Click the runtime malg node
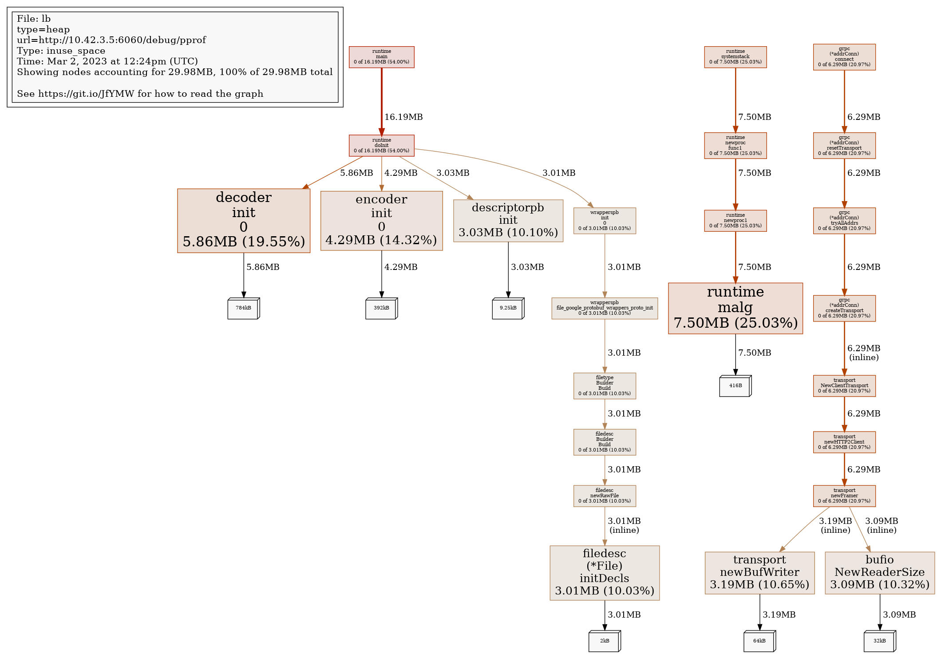pos(735,308)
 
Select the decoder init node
pos(244,221)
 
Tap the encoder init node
pos(381,221)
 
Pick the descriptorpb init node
pos(508,221)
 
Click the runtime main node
pos(381,57)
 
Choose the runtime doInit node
pos(381,145)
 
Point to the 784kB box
pos(243,308)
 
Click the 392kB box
pos(381,308)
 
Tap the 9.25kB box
pos(508,308)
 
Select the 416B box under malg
pos(735,386)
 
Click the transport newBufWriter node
pos(759,573)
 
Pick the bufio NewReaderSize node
pos(879,573)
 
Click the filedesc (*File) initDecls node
pos(605,573)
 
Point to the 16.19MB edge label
pos(403,117)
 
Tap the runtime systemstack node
pos(735,57)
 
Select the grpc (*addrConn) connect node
pos(844,57)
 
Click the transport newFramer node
pos(844,496)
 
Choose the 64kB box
pos(759,641)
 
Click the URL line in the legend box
pos(111,40)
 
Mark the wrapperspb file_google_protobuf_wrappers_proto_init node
pos(605,308)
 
